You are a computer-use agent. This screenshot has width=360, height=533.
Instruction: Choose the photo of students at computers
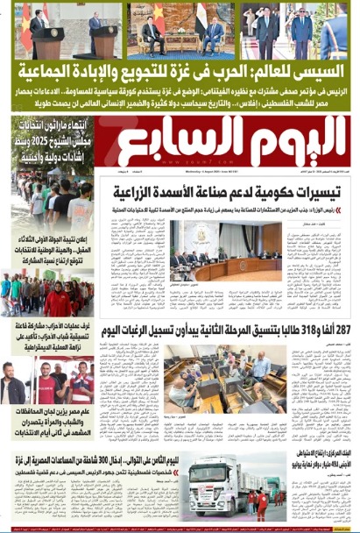227,369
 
